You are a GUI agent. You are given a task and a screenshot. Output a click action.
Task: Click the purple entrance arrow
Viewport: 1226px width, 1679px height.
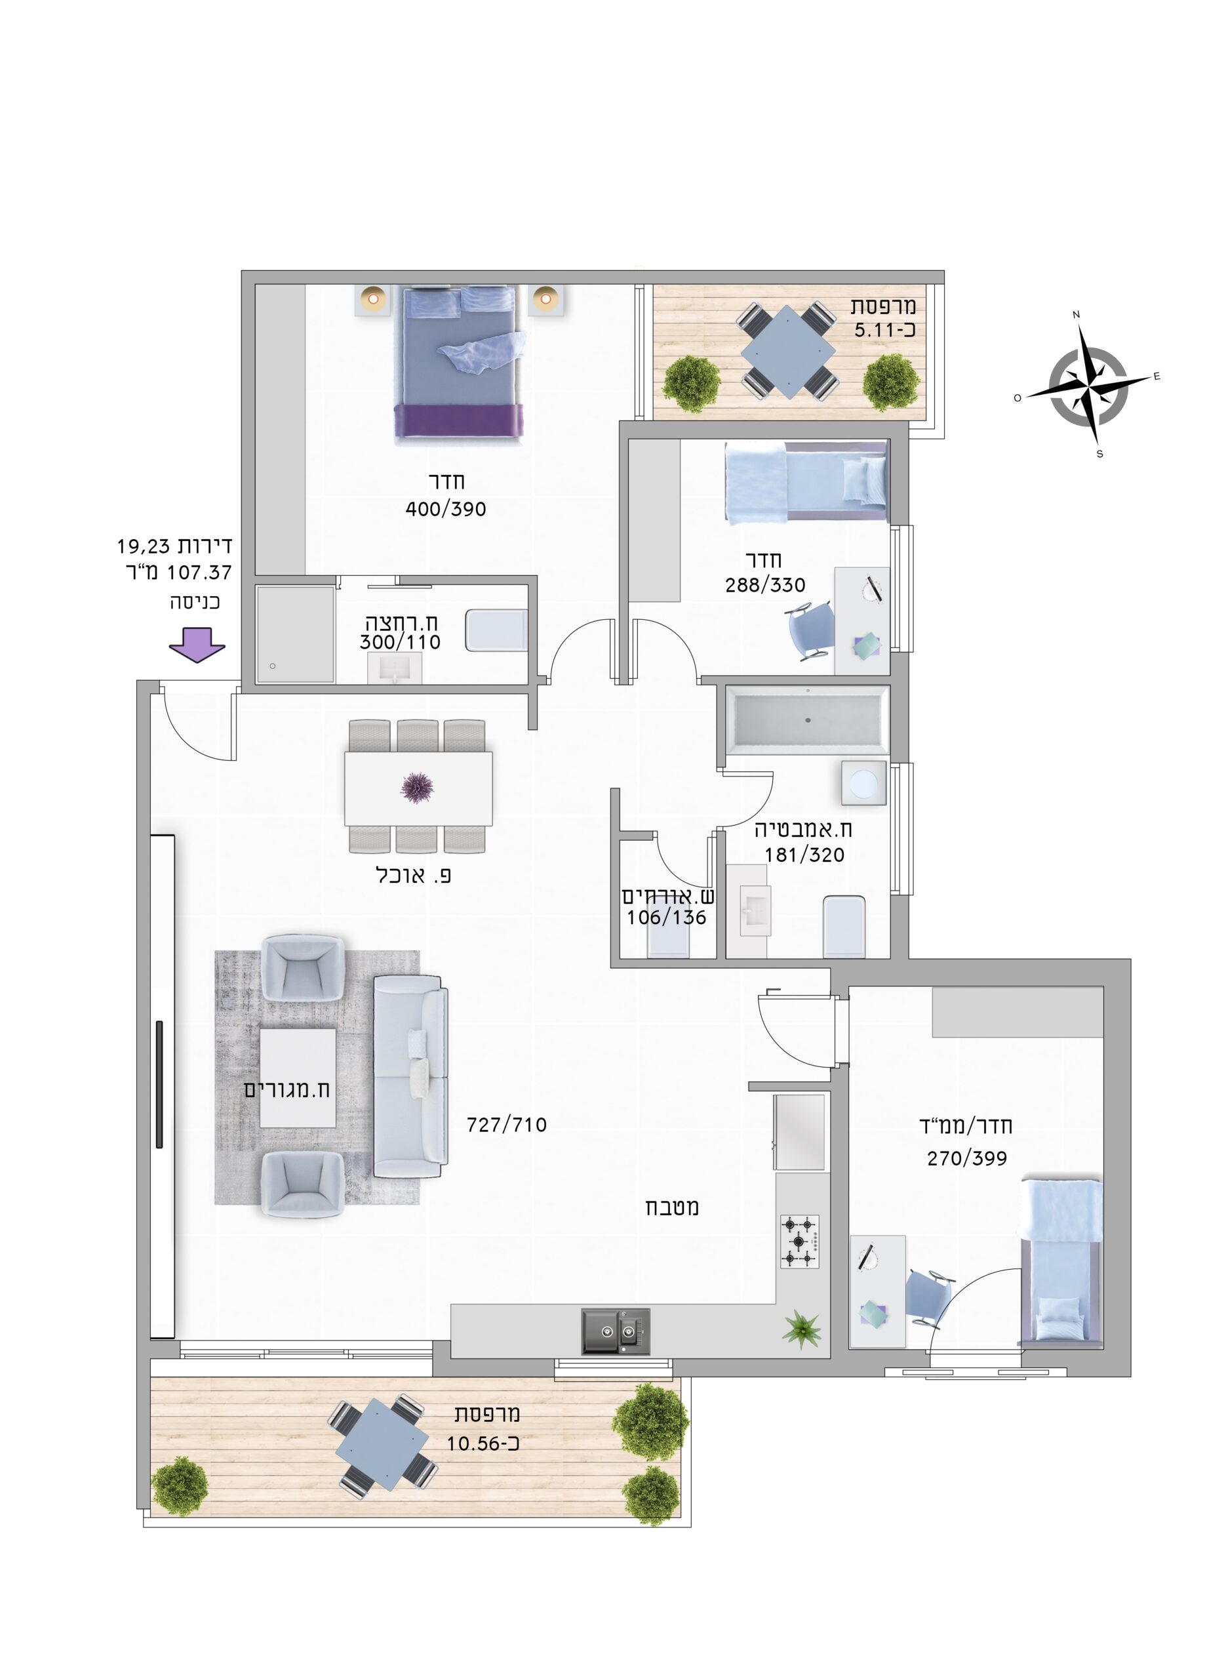pos(197,644)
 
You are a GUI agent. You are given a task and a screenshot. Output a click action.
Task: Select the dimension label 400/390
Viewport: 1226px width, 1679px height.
pos(445,509)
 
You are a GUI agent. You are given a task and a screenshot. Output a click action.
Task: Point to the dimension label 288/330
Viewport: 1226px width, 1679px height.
pos(765,585)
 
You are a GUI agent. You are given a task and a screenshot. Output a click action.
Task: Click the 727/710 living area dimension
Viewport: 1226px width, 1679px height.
pos(506,1125)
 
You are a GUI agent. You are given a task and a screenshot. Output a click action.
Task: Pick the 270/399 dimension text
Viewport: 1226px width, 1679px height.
pos(967,1158)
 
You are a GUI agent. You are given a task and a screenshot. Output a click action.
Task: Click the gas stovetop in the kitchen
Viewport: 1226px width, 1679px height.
pos(799,1241)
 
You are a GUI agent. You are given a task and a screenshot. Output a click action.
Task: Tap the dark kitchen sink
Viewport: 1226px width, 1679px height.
pos(615,1331)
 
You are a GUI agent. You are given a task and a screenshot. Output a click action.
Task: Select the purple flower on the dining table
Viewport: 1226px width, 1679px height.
pos(417,788)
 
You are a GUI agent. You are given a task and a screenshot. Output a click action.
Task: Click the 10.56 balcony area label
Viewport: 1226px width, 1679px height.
pos(483,1444)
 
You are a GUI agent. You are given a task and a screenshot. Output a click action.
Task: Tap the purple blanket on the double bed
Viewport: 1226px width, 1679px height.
pos(458,420)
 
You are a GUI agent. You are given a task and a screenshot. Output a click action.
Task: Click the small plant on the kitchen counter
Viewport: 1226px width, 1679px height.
pos(802,1329)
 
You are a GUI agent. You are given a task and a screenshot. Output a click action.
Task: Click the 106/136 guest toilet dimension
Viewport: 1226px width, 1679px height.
pos(667,918)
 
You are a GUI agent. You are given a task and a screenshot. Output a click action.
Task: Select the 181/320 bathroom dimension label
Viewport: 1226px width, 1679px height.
pos(804,855)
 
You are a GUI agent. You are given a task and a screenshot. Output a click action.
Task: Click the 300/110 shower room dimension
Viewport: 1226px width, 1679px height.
pos(400,642)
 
